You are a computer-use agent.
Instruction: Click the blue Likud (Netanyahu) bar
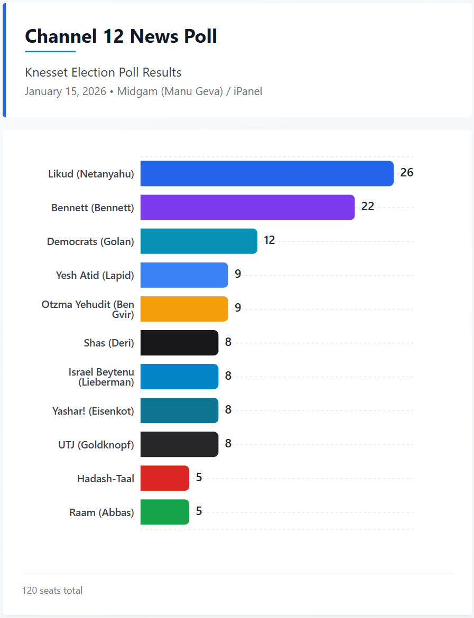[267, 173]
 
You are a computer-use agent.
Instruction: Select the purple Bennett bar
[247, 207]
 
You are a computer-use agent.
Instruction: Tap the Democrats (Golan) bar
[199, 241]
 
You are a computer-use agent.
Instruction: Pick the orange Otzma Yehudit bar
[184, 308]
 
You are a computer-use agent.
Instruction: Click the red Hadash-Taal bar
[164, 478]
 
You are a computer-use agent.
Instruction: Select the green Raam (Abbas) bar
[164, 512]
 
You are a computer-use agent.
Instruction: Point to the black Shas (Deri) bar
[179, 342]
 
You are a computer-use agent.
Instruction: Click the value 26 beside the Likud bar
[406, 172]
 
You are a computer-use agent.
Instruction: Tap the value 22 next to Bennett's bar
[367, 207]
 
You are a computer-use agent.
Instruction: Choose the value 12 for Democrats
[269, 240]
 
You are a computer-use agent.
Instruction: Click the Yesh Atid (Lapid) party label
[95, 275]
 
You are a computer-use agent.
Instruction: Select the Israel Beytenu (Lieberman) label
[101, 377]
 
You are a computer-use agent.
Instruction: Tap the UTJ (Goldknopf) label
[96, 445]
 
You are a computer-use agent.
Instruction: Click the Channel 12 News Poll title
[121, 36]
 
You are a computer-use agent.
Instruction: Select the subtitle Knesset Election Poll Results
[103, 72]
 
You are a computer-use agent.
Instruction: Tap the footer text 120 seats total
[52, 591]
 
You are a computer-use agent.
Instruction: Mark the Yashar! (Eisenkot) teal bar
[179, 410]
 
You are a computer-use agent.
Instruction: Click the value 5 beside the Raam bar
[199, 511]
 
